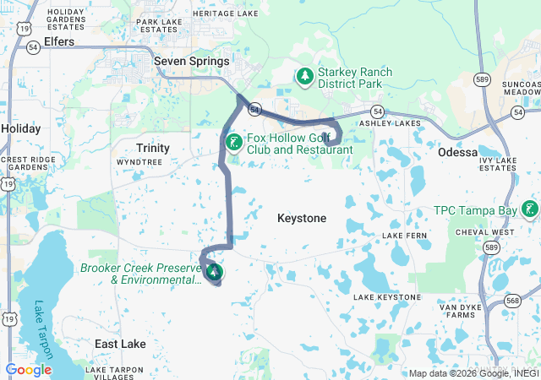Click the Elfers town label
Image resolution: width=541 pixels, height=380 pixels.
pyautogui.click(x=58, y=41)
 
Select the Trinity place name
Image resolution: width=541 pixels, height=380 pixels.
pyautogui.click(x=154, y=148)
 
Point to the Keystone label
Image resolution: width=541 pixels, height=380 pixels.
pyautogui.click(x=302, y=218)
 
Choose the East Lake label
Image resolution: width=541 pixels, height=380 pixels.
pyautogui.click(x=120, y=344)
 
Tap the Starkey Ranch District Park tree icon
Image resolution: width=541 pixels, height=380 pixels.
pyautogui.click(x=304, y=77)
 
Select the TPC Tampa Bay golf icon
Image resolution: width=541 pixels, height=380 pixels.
pyautogui.click(x=529, y=209)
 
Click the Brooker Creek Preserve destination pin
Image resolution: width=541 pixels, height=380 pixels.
pyautogui.click(x=215, y=271)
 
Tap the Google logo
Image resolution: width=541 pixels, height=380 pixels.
pyautogui.click(x=29, y=369)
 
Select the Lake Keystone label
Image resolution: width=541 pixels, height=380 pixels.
pyautogui.click(x=386, y=297)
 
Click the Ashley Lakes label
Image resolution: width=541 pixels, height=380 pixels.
pyautogui.click(x=390, y=123)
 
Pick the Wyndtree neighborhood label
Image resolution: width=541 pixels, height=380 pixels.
pyautogui.click(x=139, y=160)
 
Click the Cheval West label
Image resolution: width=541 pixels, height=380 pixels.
pyautogui.click(x=484, y=231)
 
